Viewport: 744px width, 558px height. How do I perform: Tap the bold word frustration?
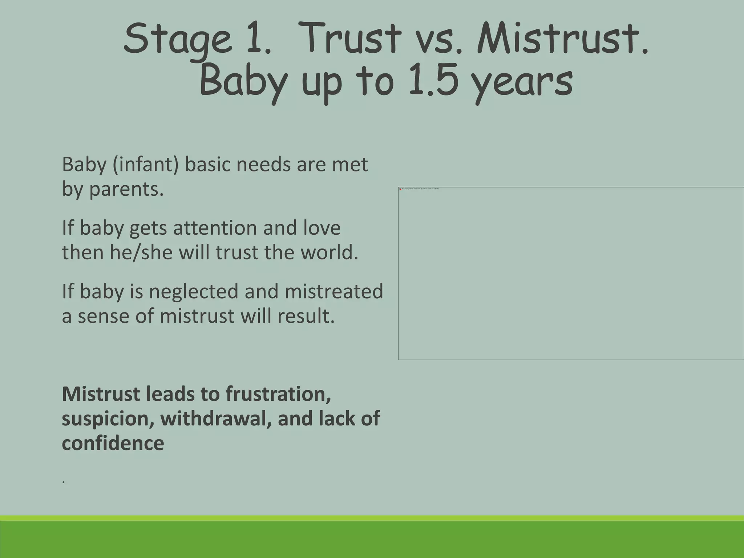coord(278,394)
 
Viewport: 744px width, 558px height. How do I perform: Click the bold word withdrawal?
coord(216,418)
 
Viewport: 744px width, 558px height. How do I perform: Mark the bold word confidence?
coord(113,443)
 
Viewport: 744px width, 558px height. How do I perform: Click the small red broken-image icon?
coord(400,189)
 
